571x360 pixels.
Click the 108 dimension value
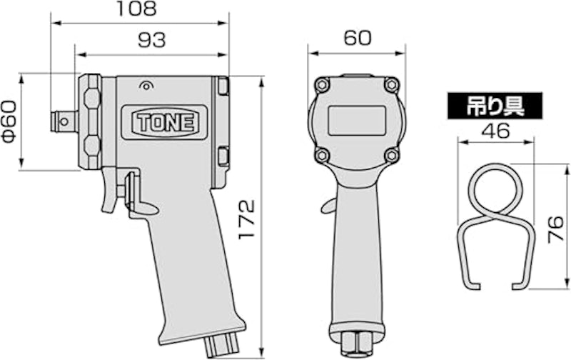(x=136, y=9)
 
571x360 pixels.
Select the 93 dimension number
(x=151, y=40)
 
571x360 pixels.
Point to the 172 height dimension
(x=246, y=219)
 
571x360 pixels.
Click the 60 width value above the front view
(x=358, y=38)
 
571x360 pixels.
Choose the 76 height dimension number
(x=557, y=229)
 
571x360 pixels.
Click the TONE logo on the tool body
(x=165, y=122)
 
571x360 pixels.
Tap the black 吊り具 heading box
(x=495, y=106)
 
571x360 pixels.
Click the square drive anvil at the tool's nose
(x=64, y=121)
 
